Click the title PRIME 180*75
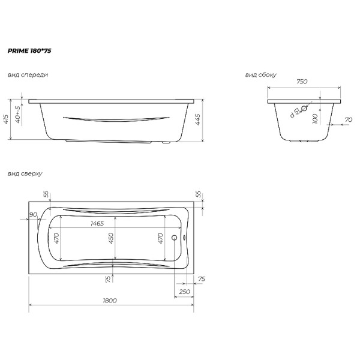pos(29,52)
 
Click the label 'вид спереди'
pos(28,75)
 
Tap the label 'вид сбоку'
pos(260,75)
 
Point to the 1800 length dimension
pos(110,300)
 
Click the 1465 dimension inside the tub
pos(97,223)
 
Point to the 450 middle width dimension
pos(111,239)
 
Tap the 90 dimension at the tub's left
pos(32,214)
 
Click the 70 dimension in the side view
pos(348,120)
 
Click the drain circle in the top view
pos(175,238)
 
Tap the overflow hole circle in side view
pos(304,109)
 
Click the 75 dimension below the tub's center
pos(108,279)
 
